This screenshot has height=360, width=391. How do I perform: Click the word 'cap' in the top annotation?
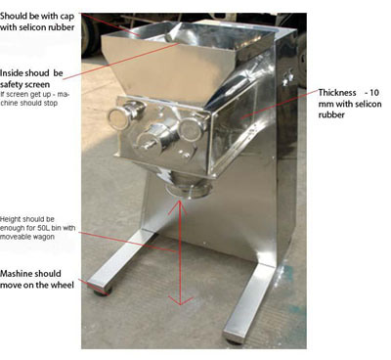[67, 17]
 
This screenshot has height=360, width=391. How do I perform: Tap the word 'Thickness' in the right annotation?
[337, 93]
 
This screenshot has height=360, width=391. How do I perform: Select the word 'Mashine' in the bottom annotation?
[15, 273]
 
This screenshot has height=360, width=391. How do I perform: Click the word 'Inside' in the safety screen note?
[11, 73]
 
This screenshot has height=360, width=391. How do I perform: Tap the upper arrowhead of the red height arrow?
[179, 206]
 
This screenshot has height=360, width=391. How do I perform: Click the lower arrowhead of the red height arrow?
[180, 300]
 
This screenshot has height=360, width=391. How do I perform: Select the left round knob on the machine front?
[120, 117]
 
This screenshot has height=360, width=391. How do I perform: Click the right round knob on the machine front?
[190, 129]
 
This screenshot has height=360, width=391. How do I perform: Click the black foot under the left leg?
[103, 292]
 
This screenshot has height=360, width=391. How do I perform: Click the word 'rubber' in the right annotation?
[331, 115]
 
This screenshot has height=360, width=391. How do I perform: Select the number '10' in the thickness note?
[374, 93]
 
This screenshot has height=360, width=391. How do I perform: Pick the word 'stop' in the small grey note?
[51, 103]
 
